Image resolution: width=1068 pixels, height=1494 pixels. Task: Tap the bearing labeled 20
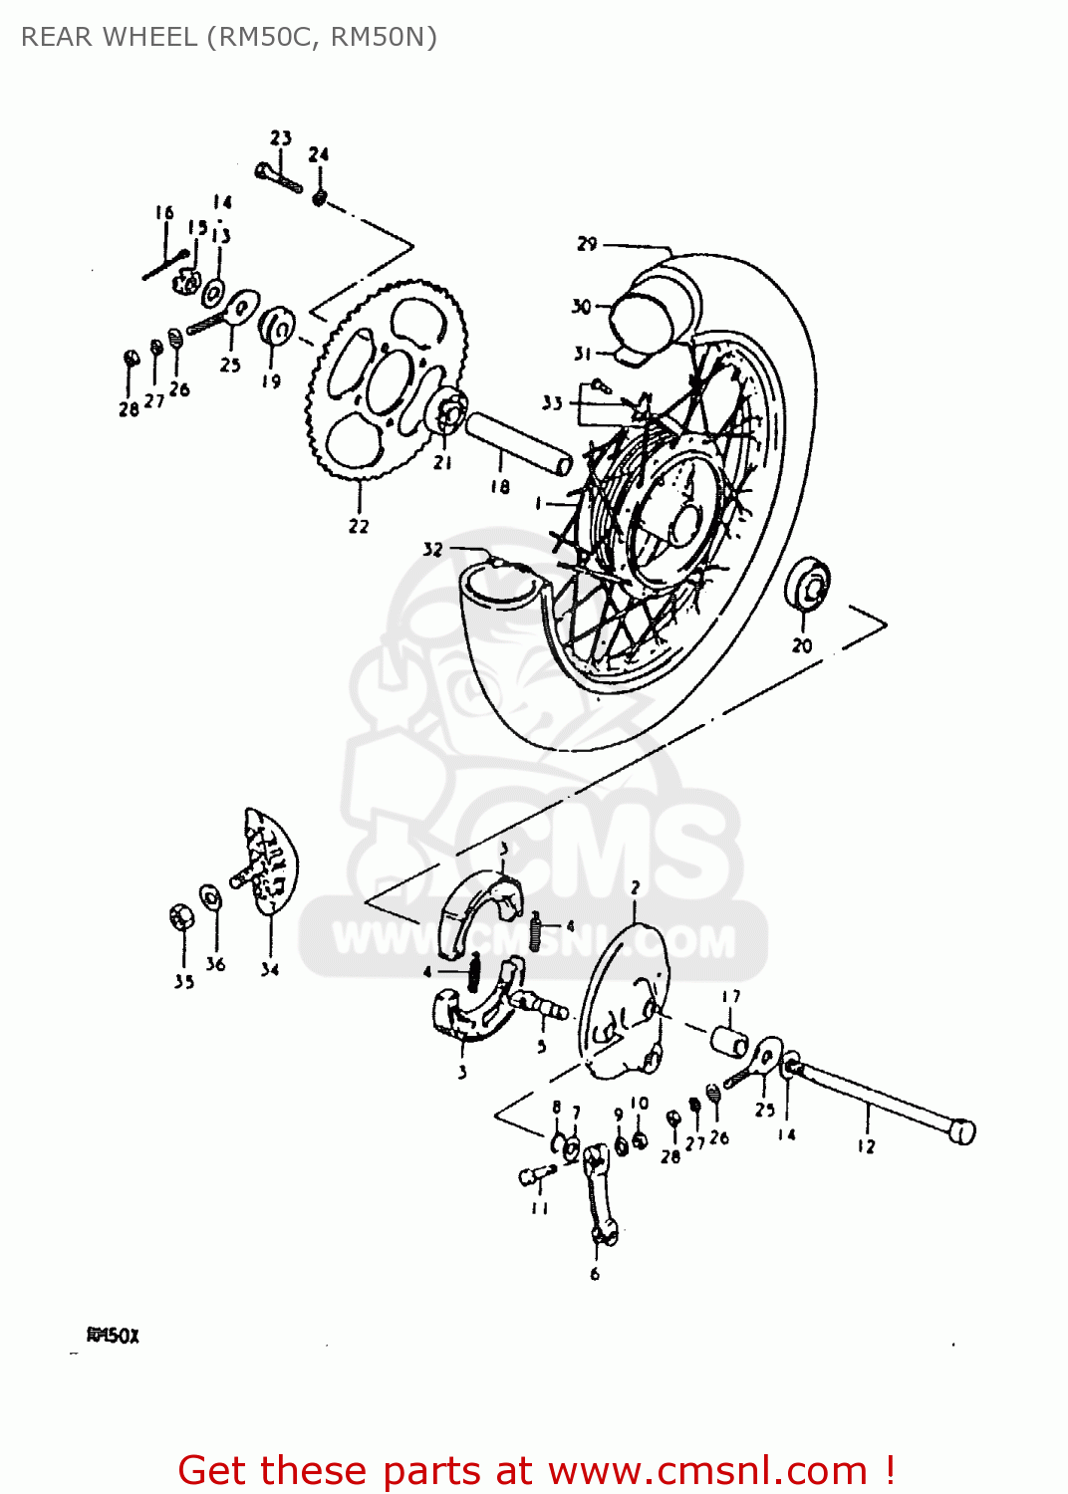tap(808, 587)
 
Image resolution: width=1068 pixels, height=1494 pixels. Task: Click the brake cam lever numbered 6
tap(601, 1194)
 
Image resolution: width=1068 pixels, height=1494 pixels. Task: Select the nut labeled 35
tap(181, 916)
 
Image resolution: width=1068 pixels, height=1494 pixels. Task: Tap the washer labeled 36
tap(210, 897)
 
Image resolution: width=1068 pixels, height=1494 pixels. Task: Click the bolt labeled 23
tap(278, 177)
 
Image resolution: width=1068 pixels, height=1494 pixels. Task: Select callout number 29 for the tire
tap(588, 244)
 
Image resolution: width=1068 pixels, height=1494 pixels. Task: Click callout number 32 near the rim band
tap(432, 549)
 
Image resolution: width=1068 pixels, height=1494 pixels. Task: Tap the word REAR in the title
tap(58, 37)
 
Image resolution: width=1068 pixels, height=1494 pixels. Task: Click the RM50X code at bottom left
tap(113, 1335)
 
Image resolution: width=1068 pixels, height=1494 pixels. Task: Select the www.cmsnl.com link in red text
tap(707, 1470)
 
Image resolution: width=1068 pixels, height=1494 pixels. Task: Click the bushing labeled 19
tap(275, 326)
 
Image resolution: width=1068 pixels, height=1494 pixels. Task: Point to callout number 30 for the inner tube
tap(582, 307)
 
